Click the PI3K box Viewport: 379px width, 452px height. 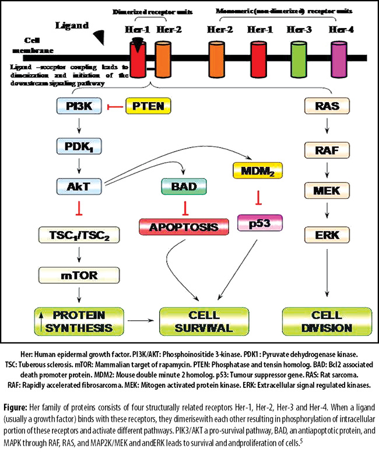point(79,106)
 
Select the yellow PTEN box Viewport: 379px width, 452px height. point(148,106)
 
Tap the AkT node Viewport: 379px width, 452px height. point(79,187)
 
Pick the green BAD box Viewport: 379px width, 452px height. point(184,187)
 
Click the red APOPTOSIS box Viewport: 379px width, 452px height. point(184,227)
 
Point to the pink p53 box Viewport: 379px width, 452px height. point(260,223)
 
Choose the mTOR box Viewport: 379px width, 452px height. point(79,275)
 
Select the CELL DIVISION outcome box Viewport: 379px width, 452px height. point(327,321)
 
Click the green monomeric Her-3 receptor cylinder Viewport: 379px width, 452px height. point(299,59)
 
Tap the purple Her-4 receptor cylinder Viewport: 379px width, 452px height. point(339,59)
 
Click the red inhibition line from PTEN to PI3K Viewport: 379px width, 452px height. point(115,107)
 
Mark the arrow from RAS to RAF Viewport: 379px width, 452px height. point(327,126)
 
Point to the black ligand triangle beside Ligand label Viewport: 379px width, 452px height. point(100,37)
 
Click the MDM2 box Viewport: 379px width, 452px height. point(258,171)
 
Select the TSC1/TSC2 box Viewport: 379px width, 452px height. point(79,235)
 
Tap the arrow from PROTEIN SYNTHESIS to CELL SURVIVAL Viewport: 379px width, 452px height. point(139,320)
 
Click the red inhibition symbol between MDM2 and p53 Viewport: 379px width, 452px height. point(258,198)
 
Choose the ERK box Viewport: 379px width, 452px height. point(327,235)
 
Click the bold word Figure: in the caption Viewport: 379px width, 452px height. point(15,407)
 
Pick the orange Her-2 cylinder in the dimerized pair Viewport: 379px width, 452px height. point(163,59)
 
